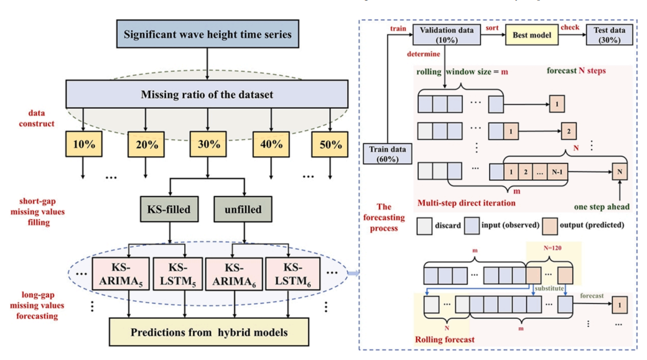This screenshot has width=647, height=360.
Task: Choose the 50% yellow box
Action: click(x=330, y=145)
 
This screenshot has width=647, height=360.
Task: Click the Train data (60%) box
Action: click(x=388, y=153)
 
